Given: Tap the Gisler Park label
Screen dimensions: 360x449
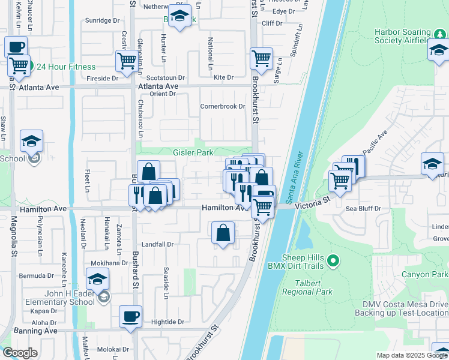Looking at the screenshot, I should point(193,153).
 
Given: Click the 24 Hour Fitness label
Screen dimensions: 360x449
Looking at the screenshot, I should point(65,67).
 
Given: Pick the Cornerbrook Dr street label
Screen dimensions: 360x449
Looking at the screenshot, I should point(223,106).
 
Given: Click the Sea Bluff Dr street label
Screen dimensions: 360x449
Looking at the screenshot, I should point(364,209).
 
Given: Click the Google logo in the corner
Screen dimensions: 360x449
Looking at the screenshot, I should point(20,353).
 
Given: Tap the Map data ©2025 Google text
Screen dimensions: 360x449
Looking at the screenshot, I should point(412,355).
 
